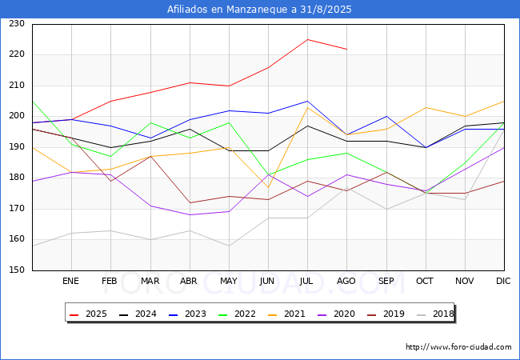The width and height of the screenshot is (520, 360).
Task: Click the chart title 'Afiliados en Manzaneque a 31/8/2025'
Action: (259, 10)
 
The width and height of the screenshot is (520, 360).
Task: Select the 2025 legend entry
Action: (88, 314)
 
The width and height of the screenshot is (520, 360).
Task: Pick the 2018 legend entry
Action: (435, 314)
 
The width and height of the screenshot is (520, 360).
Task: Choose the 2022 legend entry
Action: (237, 314)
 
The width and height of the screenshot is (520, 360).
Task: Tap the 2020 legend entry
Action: (336, 314)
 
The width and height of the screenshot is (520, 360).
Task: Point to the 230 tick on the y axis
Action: (17, 24)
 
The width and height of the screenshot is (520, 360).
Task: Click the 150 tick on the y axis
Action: (17, 270)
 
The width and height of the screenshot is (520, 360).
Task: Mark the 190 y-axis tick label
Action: (17, 147)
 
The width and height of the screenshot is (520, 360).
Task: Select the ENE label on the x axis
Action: (70, 281)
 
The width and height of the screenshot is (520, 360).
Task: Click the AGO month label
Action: (346, 281)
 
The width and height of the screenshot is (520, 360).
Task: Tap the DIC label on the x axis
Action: (503, 281)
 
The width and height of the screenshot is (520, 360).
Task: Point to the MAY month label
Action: (229, 281)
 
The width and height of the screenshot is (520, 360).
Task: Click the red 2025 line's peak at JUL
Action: (308, 39)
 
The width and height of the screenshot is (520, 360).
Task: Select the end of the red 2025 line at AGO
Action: (347, 49)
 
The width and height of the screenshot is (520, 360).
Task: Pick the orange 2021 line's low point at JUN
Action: (268, 187)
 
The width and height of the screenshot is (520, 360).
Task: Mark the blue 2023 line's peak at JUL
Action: (308, 101)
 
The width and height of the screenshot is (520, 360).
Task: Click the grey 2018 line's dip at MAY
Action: (229, 246)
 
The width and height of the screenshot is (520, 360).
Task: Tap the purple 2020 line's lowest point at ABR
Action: (190, 215)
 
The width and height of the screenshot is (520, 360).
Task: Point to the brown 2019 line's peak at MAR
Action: (150, 156)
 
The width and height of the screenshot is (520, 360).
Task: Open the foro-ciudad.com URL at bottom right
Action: (458, 347)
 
